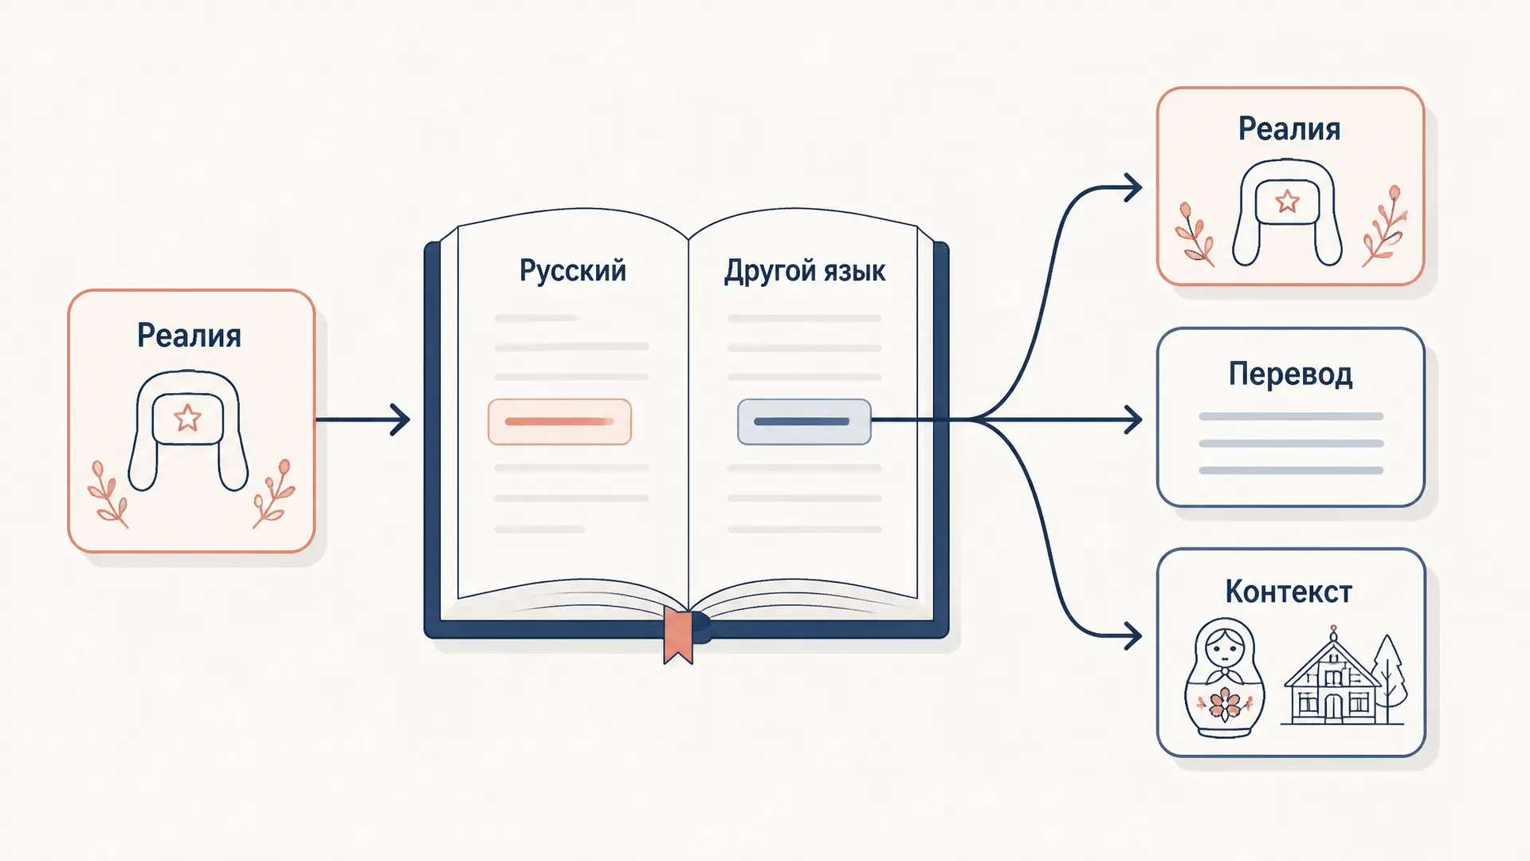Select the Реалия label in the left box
(x=189, y=336)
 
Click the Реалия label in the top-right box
(x=1289, y=129)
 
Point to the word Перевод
(x=1290, y=374)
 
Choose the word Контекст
(x=1289, y=592)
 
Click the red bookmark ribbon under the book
(x=678, y=636)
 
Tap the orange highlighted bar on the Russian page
(x=559, y=422)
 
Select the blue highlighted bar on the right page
(x=803, y=422)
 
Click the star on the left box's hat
(x=187, y=417)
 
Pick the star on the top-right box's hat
(x=1287, y=201)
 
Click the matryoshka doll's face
(x=1224, y=649)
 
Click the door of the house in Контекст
(x=1333, y=708)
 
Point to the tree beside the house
(x=1387, y=677)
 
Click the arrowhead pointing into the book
(x=400, y=419)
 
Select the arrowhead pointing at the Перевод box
(x=1133, y=419)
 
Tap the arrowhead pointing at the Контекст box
(x=1133, y=635)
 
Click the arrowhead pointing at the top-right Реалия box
(x=1133, y=188)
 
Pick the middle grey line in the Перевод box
(x=1291, y=443)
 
